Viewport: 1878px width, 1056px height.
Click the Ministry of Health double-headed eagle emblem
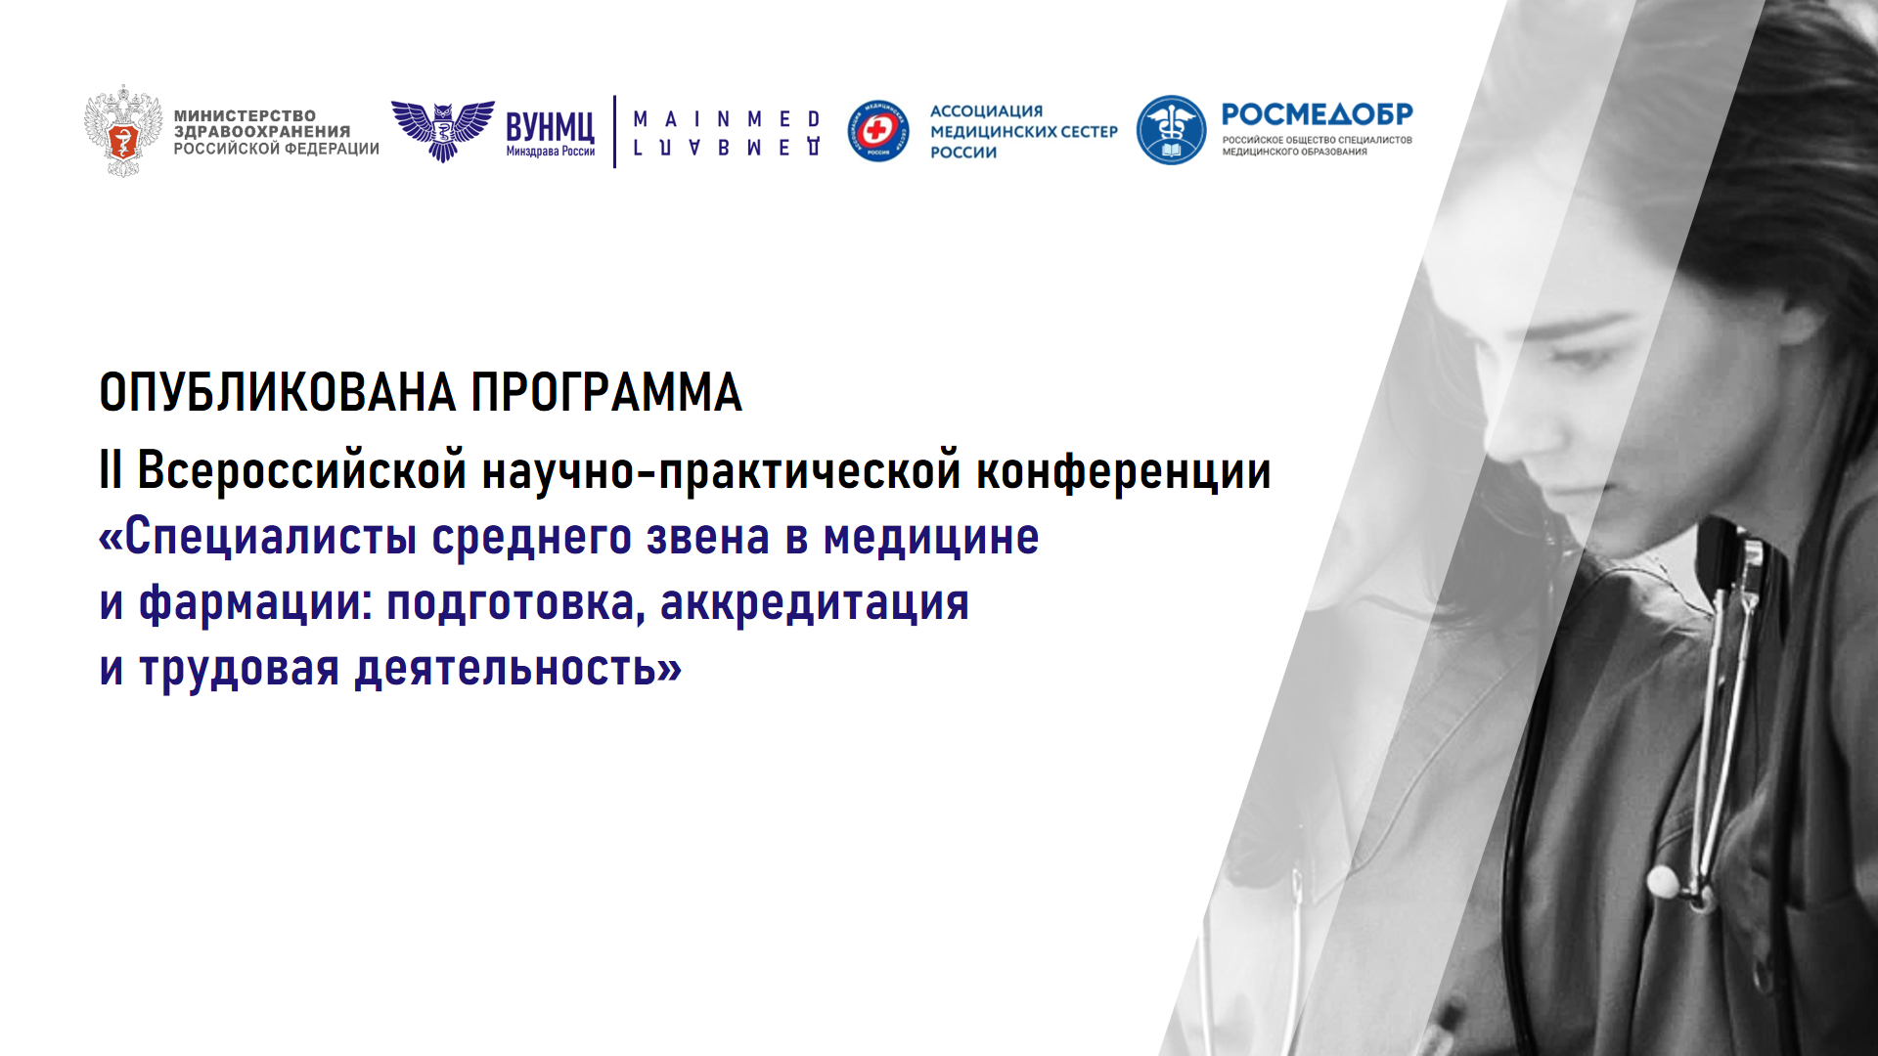tap(122, 130)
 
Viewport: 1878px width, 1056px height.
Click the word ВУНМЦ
tap(550, 127)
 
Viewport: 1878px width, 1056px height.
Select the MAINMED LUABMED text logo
tap(727, 133)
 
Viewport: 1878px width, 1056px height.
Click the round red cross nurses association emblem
tap(877, 131)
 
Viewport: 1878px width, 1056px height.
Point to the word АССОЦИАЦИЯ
tap(986, 111)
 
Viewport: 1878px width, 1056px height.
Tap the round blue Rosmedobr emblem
tap(1171, 130)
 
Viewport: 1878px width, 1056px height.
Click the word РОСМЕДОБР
tap(1317, 114)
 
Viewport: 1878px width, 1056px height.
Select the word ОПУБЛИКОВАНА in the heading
tap(278, 393)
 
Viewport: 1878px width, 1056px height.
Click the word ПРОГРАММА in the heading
tap(606, 393)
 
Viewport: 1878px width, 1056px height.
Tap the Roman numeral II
tap(111, 470)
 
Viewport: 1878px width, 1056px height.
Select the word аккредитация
tap(814, 604)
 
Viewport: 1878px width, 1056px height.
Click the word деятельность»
tap(517, 670)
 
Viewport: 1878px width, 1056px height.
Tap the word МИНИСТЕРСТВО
tap(245, 115)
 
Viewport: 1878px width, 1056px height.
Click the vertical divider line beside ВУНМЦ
tap(614, 131)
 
